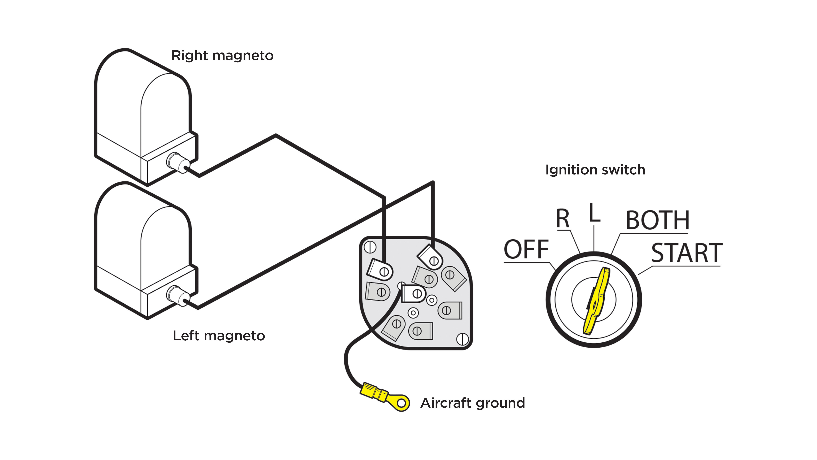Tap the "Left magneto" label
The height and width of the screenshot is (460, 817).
point(219,336)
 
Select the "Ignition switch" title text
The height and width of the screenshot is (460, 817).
point(595,170)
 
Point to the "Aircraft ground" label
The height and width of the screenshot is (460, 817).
point(472,403)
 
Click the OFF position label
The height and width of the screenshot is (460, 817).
point(526,250)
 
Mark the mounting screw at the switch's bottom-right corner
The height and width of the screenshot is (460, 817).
point(462,339)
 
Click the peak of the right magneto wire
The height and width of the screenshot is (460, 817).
point(276,135)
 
